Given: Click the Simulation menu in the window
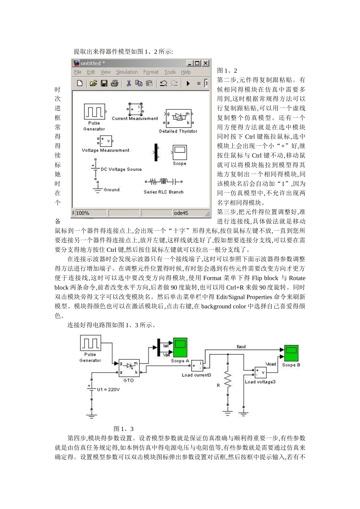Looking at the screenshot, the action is coord(127,72).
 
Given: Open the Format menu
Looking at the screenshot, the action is coord(151,72).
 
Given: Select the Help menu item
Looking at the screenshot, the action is coord(186,72).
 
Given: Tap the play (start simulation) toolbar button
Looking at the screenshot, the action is coord(188,83).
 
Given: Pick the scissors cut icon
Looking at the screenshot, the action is coord(129,83).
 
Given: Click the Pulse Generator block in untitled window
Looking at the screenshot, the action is coord(94,112).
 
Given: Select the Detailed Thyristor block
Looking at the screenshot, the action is coord(178,118).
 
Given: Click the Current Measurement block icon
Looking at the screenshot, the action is coord(135,109).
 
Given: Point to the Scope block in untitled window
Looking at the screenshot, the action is coord(180,152).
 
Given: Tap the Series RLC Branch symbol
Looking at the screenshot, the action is coord(164,182).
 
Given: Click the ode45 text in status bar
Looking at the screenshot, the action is coord(181,213).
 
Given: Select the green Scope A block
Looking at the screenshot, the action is coord(180,347).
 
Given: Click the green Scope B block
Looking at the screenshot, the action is coord(291,353).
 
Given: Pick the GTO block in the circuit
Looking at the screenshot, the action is coord(129,368).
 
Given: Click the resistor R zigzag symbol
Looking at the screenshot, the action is coord(227,379).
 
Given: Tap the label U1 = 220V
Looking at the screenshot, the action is coord(108,389).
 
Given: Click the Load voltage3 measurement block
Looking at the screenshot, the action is coord(260,372).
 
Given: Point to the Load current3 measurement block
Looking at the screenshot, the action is coord(197,366).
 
